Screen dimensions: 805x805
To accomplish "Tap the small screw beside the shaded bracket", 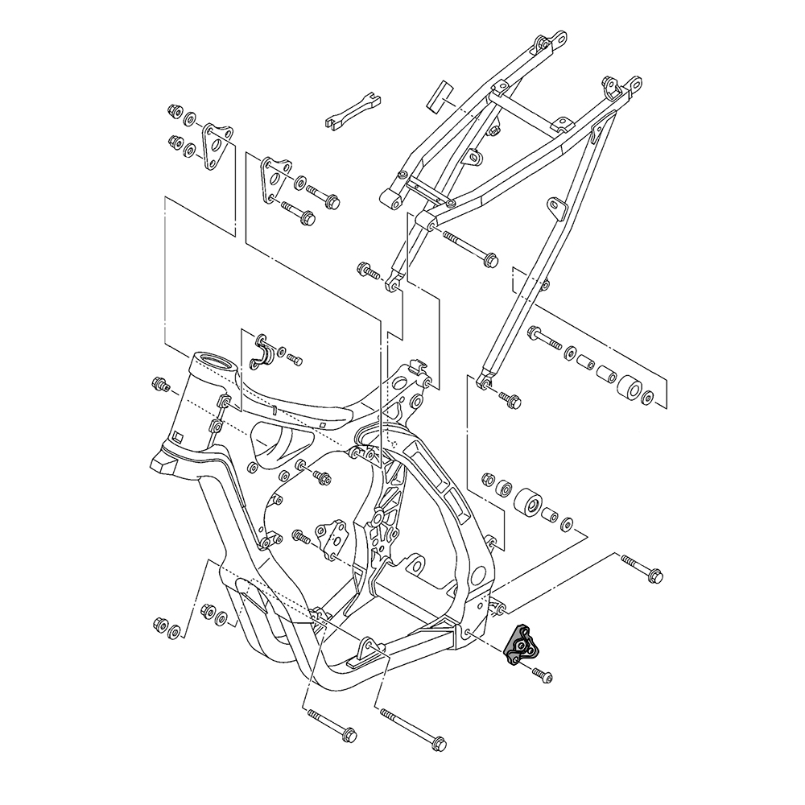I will coord(544,675).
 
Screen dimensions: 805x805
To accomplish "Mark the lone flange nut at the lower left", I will coord(159,625).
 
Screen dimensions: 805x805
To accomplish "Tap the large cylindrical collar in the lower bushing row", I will coord(526,504).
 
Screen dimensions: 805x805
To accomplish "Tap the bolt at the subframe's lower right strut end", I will coord(509,398).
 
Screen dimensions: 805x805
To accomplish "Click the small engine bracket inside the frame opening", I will coord(332,539).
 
